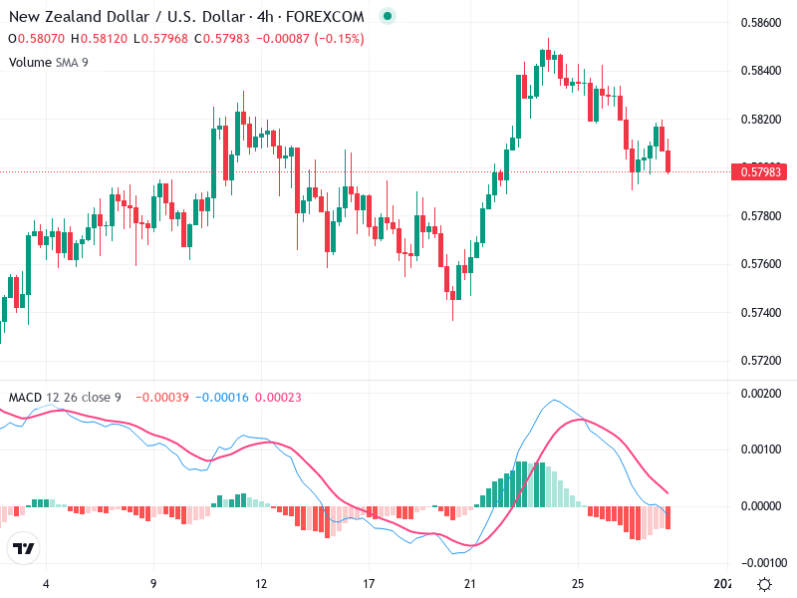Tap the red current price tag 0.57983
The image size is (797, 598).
pos(762,172)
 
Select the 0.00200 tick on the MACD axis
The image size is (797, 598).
pos(762,394)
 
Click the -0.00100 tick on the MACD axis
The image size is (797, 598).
pos(760,562)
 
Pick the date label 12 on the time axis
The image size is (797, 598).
pos(261,583)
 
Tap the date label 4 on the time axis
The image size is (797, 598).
pos(45,583)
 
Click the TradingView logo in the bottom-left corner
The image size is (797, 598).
pos(23,548)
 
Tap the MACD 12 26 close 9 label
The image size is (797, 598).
pos(65,398)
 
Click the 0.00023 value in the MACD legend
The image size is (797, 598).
pos(278,398)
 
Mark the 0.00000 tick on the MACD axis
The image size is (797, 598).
pos(762,505)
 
